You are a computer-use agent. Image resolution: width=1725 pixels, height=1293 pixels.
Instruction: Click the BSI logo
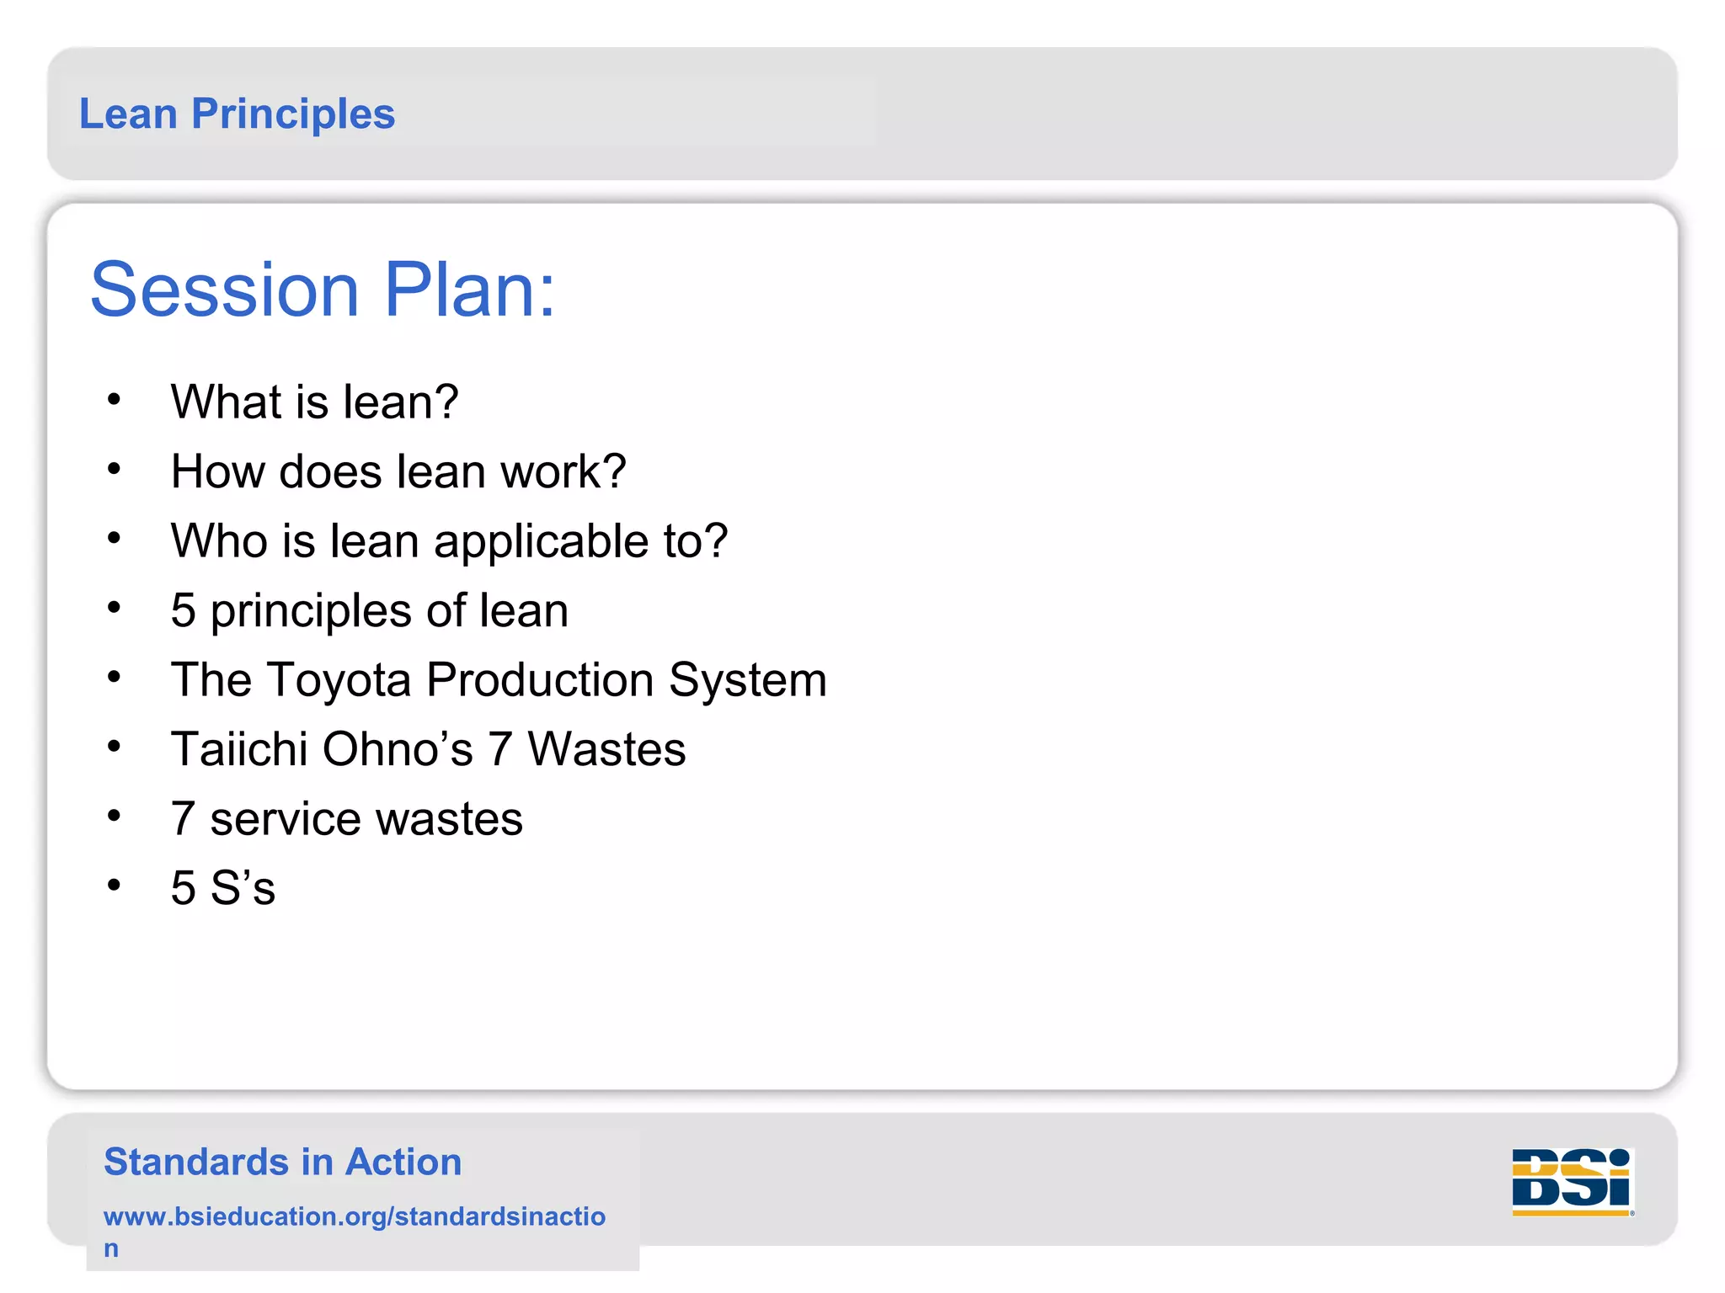(1572, 1181)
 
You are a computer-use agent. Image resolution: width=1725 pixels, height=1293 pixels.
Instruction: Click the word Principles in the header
(293, 114)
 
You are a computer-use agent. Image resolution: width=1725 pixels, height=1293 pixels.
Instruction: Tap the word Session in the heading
(225, 290)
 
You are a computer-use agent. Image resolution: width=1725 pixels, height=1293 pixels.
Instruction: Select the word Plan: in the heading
(470, 290)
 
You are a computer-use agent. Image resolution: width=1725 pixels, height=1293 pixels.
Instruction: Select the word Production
(540, 680)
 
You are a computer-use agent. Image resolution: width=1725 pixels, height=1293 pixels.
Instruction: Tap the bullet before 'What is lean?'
(115, 399)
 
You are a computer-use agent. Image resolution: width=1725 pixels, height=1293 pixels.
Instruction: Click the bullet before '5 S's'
(115, 885)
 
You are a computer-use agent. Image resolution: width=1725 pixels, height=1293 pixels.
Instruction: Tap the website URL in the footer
(354, 1217)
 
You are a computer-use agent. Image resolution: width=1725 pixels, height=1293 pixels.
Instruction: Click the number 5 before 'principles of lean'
(183, 611)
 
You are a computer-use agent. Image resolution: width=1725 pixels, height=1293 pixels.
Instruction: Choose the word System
(748, 680)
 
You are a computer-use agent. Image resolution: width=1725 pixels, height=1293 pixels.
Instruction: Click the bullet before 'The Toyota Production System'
(115, 677)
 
